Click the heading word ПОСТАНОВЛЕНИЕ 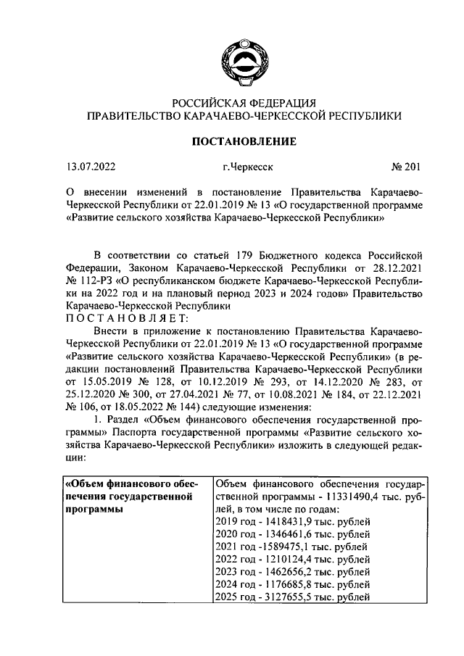point(243,141)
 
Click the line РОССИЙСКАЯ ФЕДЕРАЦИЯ point(243,102)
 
